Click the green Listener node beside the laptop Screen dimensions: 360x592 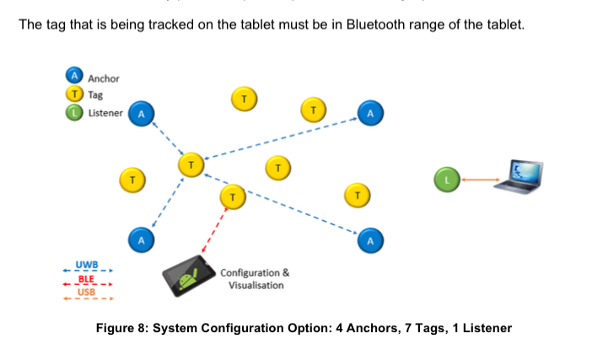[x=448, y=179]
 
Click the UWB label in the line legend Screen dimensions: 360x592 [x=87, y=265]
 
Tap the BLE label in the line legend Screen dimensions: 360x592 [x=86, y=279]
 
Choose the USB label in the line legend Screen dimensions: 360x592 [x=86, y=293]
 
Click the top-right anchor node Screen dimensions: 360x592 [x=369, y=113]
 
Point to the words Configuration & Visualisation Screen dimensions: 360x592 [x=255, y=279]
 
